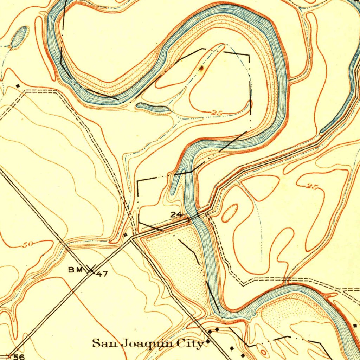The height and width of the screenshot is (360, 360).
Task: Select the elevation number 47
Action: pos(102,274)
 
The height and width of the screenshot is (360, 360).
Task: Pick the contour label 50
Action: pos(27,245)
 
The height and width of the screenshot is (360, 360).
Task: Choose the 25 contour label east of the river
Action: pos(311,187)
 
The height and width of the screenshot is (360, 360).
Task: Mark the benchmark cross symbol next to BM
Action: pos(91,270)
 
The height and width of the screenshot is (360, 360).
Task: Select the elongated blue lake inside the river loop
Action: pos(153,108)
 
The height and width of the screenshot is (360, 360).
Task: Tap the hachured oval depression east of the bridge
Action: pos(230,213)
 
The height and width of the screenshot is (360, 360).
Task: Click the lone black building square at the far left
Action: pos(18,85)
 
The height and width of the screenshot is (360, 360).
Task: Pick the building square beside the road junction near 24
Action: pos(126,234)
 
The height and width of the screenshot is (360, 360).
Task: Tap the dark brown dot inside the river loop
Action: pos(201,68)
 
